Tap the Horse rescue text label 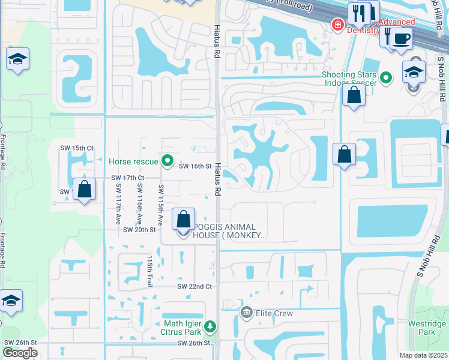coord(133,161)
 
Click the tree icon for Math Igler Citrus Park coord(209,326)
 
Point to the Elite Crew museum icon coord(246,312)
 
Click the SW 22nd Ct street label coord(194,287)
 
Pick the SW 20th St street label coord(139,230)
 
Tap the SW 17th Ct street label coord(128,178)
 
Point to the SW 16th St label coord(196,166)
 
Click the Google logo coord(20,353)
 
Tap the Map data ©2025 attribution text coord(423,355)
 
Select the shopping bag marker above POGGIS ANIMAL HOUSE coord(184,219)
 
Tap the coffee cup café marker coord(401,39)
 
